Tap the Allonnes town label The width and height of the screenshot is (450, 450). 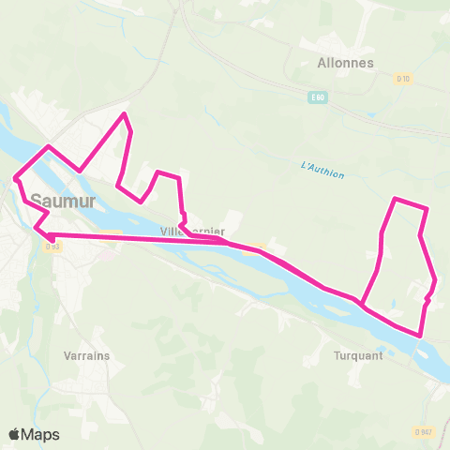pyautogui.click(x=346, y=64)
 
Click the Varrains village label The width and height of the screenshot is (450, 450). pyautogui.click(x=87, y=356)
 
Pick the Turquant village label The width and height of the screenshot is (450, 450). pyautogui.click(x=358, y=356)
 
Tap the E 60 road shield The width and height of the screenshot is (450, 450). pyautogui.click(x=319, y=97)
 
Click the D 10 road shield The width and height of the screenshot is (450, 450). pyautogui.click(x=403, y=79)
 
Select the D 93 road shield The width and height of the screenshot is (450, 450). pyautogui.click(x=52, y=247)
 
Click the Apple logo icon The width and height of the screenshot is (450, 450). pyautogui.click(x=15, y=434)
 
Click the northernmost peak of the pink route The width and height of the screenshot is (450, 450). pyautogui.click(x=124, y=114)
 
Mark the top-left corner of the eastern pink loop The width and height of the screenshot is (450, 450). pyautogui.click(x=395, y=200)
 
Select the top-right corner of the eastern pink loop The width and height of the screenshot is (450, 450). pyautogui.click(x=427, y=208)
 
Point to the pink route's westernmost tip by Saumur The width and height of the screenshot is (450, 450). pyautogui.click(x=15, y=176)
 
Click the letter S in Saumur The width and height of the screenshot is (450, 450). pyautogui.click(x=36, y=199)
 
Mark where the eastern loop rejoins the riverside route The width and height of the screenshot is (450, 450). pyautogui.click(x=360, y=303)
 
